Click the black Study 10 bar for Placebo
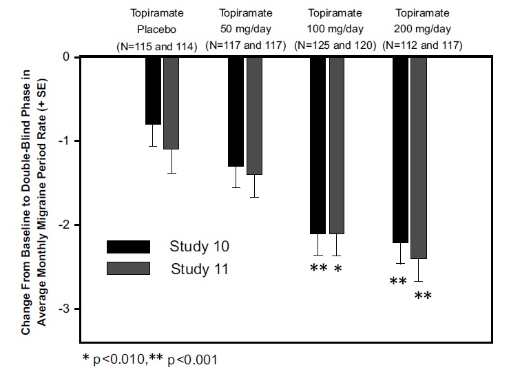pos(153,90)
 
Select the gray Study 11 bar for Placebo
pos(171,103)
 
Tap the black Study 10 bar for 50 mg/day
pos(236,112)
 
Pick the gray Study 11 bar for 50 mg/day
pos(254,116)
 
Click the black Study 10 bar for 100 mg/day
pos(318,145)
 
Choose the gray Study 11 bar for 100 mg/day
pos(336,145)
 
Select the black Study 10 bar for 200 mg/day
pos(400,149)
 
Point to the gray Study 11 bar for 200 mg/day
pos(419,158)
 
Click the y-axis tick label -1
pos(65,141)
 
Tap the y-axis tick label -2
pos(65,225)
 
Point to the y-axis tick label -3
pos(65,309)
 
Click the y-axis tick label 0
pos(67,57)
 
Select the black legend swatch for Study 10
pos(128,247)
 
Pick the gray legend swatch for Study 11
pos(128,269)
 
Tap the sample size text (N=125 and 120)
pos(335,45)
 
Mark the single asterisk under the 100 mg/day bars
pos(337,269)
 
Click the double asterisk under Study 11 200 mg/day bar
pos(423,296)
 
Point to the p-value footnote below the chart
pos(149,359)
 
